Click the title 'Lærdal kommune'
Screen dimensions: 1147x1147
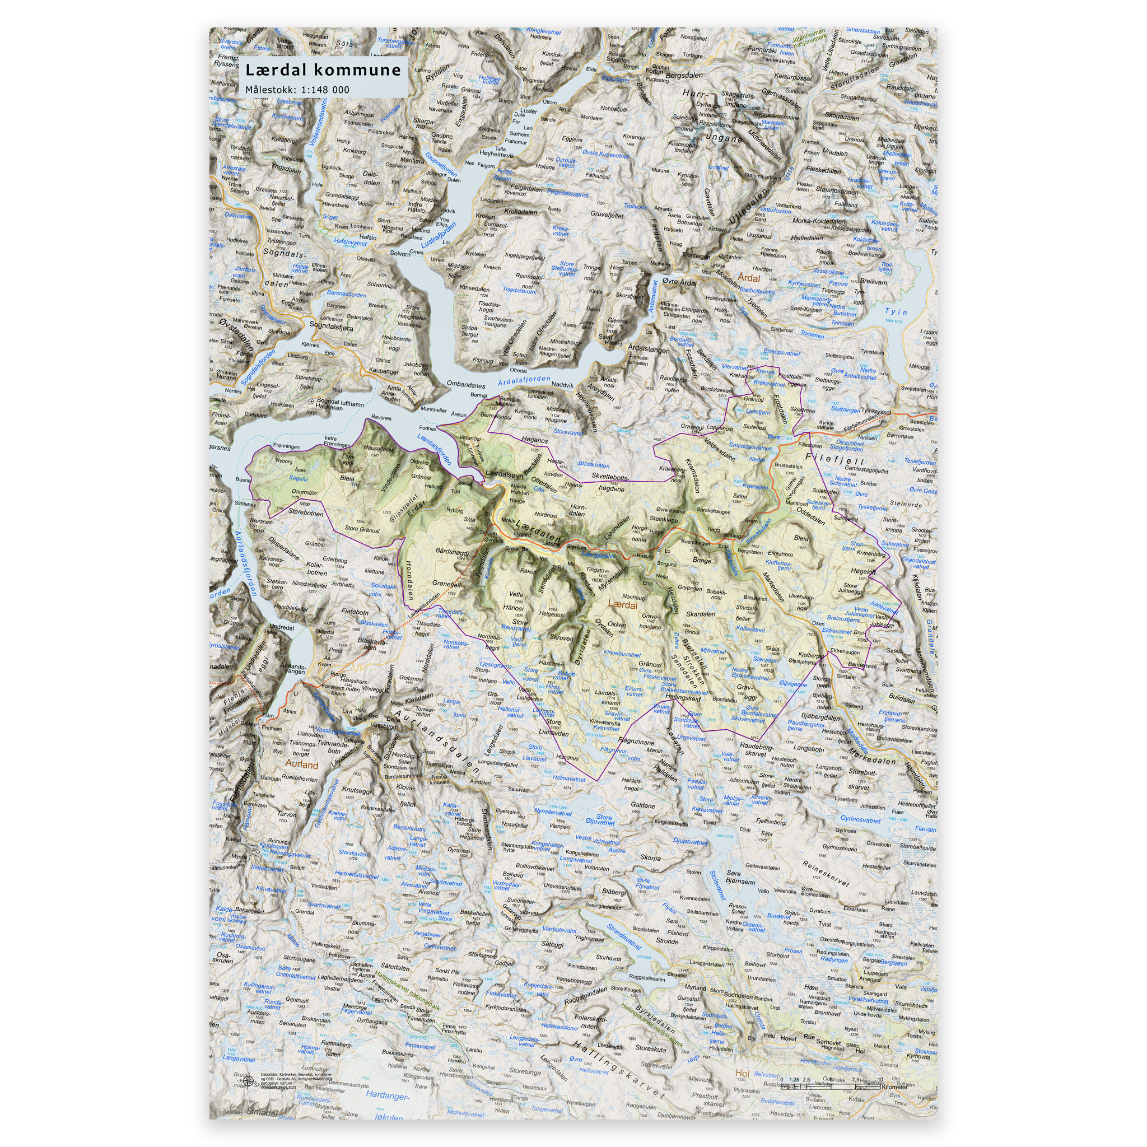pyautogui.click(x=323, y=71)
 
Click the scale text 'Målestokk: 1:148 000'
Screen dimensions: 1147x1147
pyautogui.click(x=297, y=90)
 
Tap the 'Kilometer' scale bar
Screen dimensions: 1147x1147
pyautogui.click(x=831, y=1086)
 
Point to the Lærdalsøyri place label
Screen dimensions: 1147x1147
pyautogui.click(x=504, y=474)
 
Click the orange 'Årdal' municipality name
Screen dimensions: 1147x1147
pyautogui.click(x=749, y=278)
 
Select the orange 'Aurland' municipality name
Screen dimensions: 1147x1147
pyautogui.click(x=302, y=764)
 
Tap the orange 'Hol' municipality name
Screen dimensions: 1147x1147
pyautogui.click(x=742, y=1073)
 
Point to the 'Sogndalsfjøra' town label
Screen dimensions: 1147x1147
pyautogui.click(x=330, y=327)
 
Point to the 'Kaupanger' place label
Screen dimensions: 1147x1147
pyautogui.click(x=384, y=372)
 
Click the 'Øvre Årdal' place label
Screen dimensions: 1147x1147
pyautogui.click(x=679, y=283)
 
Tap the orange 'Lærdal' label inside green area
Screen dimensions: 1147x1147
pyautogui.click(x=622, y=605)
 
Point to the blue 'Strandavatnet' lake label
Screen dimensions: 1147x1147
pyautogui.click(x=623, y=936)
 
